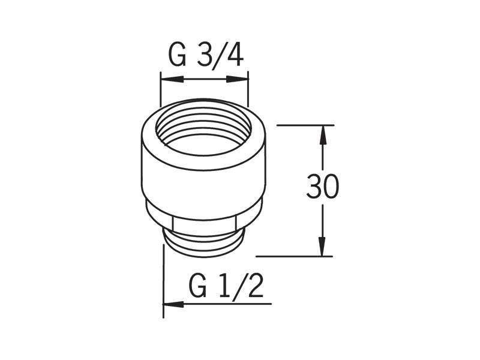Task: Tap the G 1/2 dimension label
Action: tap(226, 287)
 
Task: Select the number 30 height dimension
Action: tap(323, 186)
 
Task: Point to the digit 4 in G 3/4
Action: tap(234, 55)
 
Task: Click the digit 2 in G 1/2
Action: tap(256, 287)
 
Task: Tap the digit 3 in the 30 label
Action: tap(314, 186)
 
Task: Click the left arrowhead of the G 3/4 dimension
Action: tap(172, 79)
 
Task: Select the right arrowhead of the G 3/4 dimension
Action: tap(237, 79)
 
